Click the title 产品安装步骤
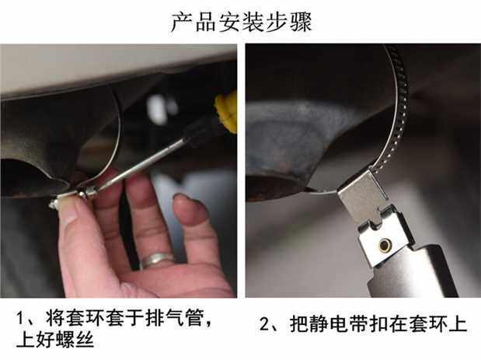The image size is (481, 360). pyautogui.click(x=241, y=22)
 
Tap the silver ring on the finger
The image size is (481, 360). pyautogui.click(x=157, y=260)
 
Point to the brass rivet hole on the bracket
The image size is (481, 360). pyautogui.click(x=385, y=245)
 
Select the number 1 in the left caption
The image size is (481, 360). pyautogui.click(x=20, y=318)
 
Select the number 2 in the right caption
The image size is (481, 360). pyautogui.click(x=264, y=324)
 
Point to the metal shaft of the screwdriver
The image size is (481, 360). pyautogui.click(x=141, y=166)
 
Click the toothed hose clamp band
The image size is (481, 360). pyautogui.click(x=396, y=104)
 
